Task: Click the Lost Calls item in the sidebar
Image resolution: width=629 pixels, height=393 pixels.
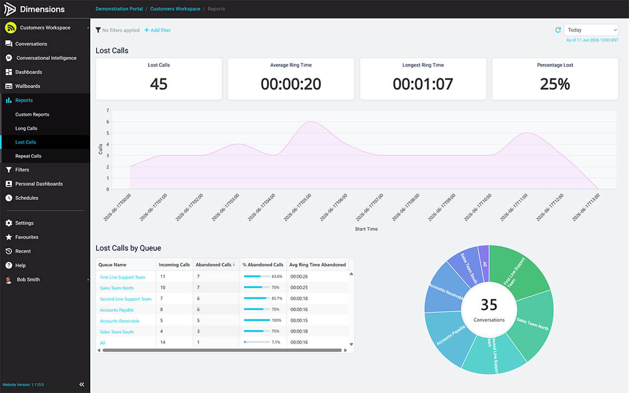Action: [x=26, y=142]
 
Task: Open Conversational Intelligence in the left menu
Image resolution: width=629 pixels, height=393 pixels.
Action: [x=47, y=58]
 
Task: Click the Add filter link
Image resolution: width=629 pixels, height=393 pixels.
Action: [x=157, y=30]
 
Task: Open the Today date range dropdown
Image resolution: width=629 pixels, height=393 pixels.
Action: [x=591, y=30]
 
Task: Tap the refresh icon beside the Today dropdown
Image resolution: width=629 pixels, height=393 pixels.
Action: [x=557, y=30]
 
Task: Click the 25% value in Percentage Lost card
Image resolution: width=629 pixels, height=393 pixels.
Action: [x=555, y=84]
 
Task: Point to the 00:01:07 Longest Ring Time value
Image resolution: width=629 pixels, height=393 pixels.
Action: [x=423, y=84]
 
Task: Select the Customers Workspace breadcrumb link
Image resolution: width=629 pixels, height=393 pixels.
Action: [x=175, y=9]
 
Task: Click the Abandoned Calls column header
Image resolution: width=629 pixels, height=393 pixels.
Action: [x=213, y=265]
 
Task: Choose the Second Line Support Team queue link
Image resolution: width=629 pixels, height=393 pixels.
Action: [x=126, y=299]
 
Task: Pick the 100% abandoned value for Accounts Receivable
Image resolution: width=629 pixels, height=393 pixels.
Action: [x=277, y=320]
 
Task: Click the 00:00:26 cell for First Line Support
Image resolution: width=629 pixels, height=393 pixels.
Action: [x=299, y=277]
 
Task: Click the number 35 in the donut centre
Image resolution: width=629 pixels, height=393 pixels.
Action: [x=489, y=305]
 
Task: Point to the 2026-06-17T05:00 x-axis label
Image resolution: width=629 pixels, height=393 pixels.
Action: [x=297, y=207]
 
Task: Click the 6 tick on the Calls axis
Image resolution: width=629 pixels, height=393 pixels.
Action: [x=108, y=122]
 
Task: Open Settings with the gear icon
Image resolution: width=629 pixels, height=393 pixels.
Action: [x=9, y=223]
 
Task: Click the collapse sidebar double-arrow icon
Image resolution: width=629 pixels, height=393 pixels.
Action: [x=82, y=384]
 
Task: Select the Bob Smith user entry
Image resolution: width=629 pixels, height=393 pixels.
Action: [x=28, y=280]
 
